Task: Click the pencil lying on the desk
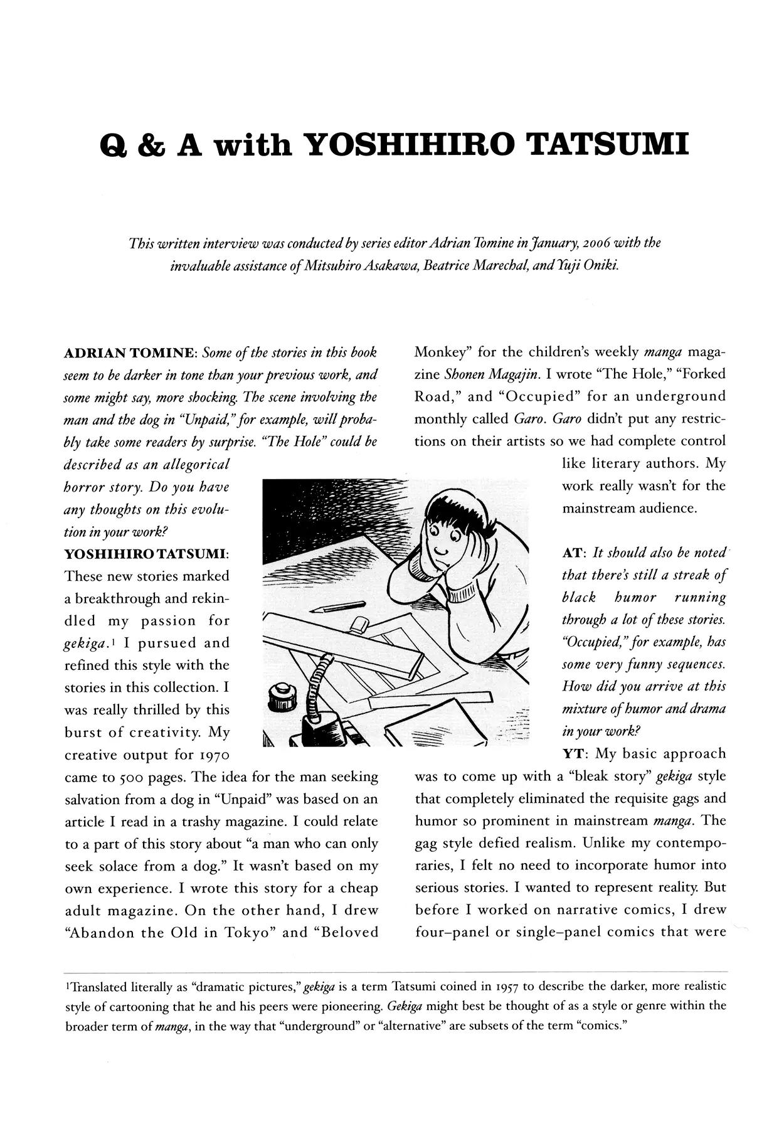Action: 342,607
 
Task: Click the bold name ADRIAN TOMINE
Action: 131,353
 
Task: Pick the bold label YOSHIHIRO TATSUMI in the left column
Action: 146,554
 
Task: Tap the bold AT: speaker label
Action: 574,553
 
